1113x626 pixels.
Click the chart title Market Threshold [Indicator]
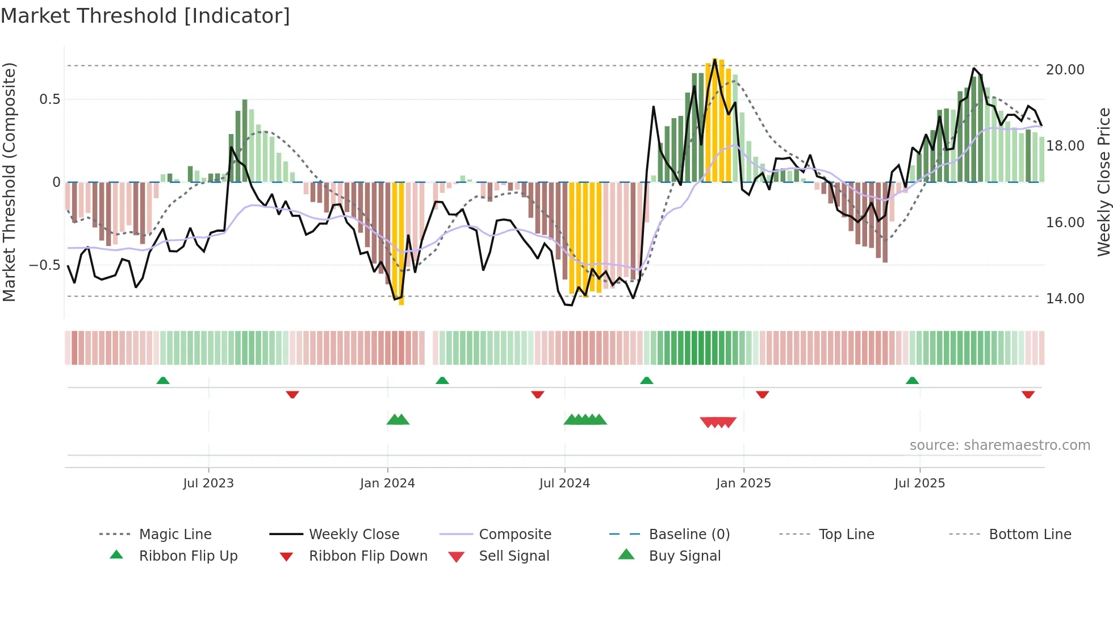[x=145, y=16]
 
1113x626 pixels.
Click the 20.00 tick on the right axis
[x=1065, y=69]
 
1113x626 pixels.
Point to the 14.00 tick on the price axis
[x=1065, y=298]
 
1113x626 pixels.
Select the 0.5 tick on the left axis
[x=49, y=99]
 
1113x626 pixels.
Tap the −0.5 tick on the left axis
[x=44, y=265]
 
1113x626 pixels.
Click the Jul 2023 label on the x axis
[x=208, y=483]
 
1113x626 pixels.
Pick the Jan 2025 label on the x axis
[x=743, y=483]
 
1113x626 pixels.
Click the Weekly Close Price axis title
[x=1103, y=182]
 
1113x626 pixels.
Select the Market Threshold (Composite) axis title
[x=9, y=182]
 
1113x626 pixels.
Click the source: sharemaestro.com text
[x=999, y=445]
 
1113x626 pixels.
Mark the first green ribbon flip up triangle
[x=163, y=381]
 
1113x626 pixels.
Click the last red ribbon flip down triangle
[x=1028, y=394]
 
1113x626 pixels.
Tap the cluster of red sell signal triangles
[x=718, y=422]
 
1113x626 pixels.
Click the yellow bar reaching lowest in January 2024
[x=401, y=244]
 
